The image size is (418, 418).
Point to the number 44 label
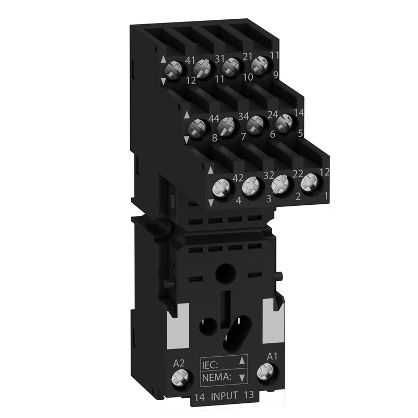[213, 119]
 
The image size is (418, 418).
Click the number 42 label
[238, 178]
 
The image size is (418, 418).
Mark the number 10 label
[248, 77]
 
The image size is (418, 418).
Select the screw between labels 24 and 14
[284, 122]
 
